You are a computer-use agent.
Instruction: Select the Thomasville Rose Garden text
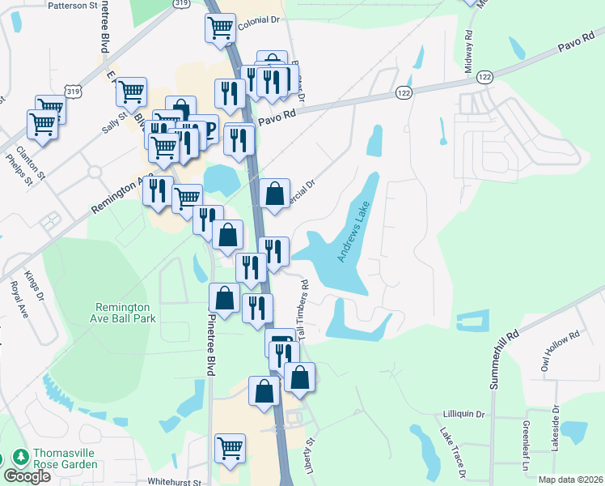pyautogui.click(x=66, y=459)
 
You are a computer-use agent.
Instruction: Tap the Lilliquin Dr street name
pyautogui.click(x=463, y=414)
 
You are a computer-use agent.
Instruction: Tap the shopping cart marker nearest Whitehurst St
pyautogui.click(x=230, y=446)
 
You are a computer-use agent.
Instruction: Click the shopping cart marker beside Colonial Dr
pyautogui.click(x=220, y=28)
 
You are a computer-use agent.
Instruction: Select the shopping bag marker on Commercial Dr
pyautogui.click(x=274, y=194)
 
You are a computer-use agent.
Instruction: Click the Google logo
pyautogui.click(x=27, y=475)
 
